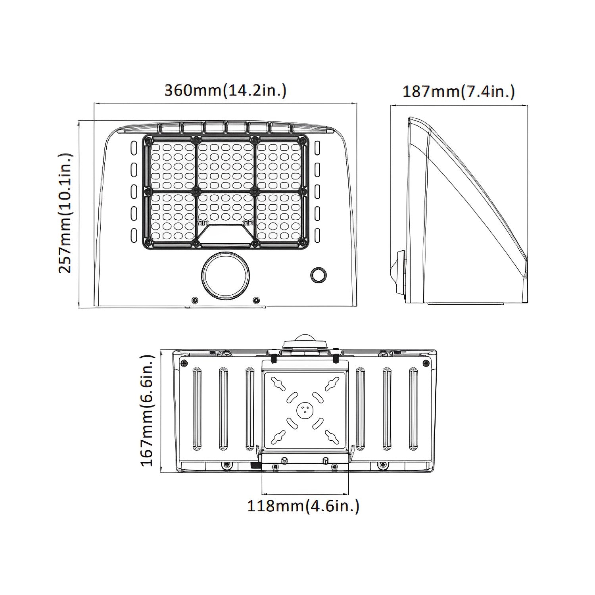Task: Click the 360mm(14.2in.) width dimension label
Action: click(x=225, y=90)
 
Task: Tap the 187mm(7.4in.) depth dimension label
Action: click(x=459, y=92)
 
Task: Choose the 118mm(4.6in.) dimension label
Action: click(x=303, y=506)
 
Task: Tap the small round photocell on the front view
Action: click(x=318, y=274)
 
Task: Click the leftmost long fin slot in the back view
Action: click(x=197, y=409)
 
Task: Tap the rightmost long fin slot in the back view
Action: click(x=413, y=409)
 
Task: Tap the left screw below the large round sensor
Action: click(x=194, y=300)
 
